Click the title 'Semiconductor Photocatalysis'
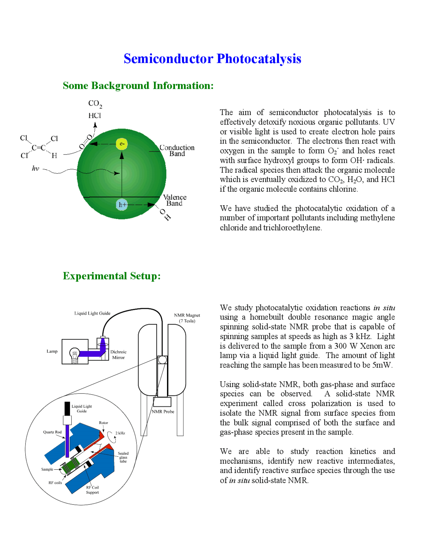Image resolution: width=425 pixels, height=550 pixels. (x=212, y=59)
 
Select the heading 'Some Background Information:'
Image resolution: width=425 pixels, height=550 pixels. (x=138, y=86)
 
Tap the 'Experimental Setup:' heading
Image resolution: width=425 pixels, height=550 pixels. (x=112, y=276)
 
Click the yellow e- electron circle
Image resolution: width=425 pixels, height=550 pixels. (x=122, y=144)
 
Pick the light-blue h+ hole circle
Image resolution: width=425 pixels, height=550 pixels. (x=122, y=205)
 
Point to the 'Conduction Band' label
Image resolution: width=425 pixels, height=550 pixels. (x=177, y=150)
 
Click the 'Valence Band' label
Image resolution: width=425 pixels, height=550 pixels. (x=175, y=200)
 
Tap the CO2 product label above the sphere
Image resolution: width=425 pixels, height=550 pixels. (x=95, y=104)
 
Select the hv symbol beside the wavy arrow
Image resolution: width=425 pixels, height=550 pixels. (x=36, y=169)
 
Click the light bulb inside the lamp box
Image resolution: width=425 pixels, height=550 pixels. (x=75, y=355)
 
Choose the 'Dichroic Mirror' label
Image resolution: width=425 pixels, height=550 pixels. (x=119, y=355)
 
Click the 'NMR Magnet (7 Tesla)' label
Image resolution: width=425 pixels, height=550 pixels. (x=187, y=318)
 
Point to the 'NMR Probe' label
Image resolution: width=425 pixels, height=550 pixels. (x=163, y=412)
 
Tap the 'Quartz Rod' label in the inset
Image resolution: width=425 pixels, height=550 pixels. (x=52, y=432)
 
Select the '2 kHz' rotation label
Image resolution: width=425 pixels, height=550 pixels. (x=120, y=433)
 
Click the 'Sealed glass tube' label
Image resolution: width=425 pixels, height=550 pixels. (x=123, y=457)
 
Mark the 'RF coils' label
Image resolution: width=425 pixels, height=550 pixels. (x=55, y=483)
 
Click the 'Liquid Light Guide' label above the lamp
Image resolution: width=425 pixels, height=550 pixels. (x=92, y=313)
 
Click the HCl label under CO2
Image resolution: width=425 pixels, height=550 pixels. (x=95, y=116)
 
